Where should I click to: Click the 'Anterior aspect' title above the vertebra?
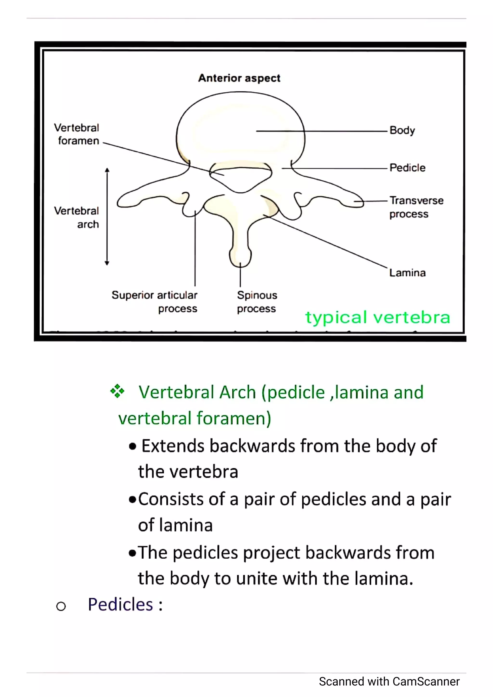[239, 78]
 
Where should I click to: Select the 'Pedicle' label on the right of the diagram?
[407, 168]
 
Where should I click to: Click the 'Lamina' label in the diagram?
[407, 272]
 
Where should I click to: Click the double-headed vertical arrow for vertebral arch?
[107, 216]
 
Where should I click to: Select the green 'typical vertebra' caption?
[377, 317]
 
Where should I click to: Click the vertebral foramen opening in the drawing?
[240, 177]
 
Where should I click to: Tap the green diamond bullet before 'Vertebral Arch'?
[117, 391]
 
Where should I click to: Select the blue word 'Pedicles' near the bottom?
[120, 604]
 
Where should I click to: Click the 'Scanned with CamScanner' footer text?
[389, 682]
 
